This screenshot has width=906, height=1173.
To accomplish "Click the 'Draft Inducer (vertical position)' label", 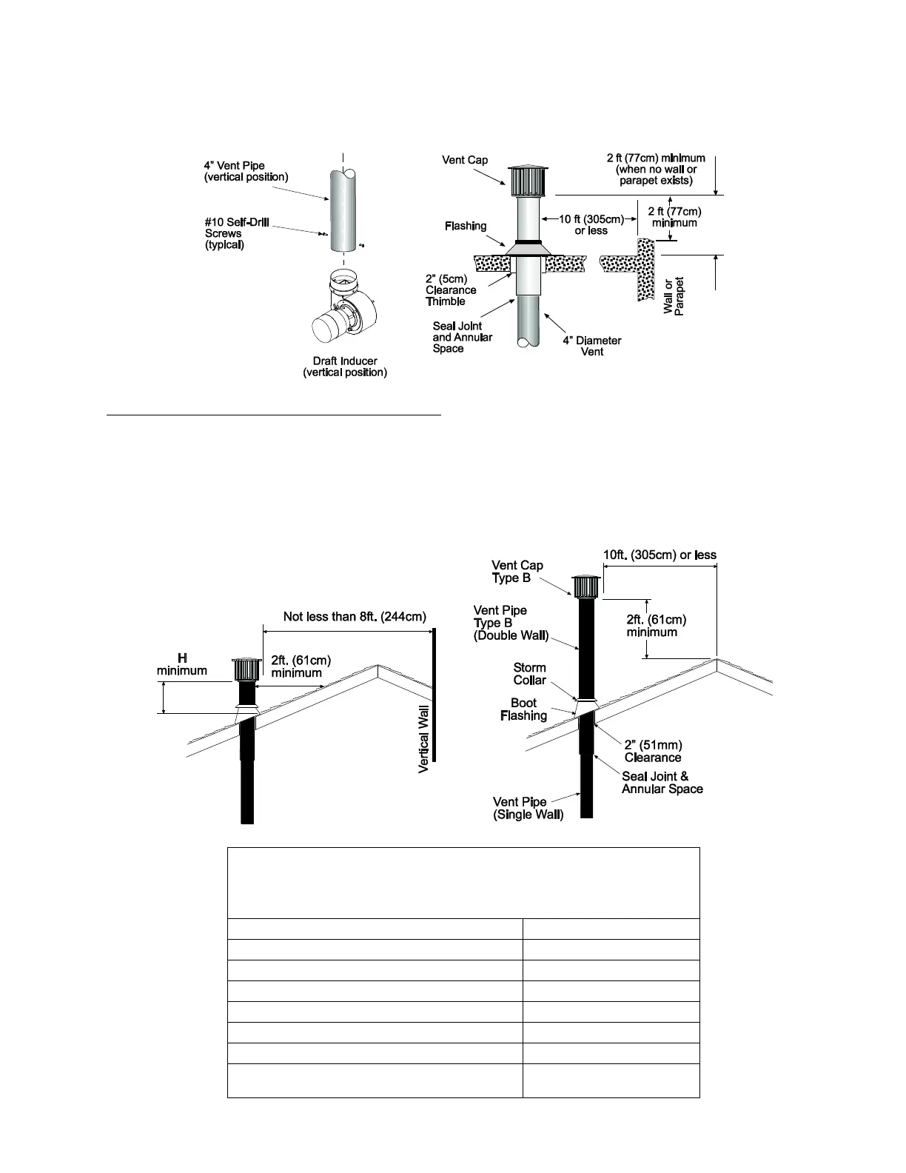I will [344, 367].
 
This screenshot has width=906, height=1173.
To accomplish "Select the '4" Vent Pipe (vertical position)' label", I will [246, 171].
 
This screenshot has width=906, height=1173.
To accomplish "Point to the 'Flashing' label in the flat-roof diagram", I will [466, 226].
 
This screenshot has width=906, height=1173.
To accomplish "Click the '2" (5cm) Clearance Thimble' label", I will [450, 290].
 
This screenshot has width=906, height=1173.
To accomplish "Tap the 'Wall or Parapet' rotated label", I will [674, 296].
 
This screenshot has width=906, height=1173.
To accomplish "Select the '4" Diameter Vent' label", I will [591, 346].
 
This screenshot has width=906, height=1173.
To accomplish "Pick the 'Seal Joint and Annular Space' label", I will [463, 337].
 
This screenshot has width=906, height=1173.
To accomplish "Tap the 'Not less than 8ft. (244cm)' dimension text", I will [355, 617].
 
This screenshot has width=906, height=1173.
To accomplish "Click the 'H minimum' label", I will [181, 664].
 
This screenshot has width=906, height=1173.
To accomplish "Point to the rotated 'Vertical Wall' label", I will [424, 739].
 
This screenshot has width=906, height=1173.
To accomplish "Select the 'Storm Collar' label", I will [529, 674].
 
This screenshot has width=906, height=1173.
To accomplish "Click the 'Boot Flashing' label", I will [523, 709].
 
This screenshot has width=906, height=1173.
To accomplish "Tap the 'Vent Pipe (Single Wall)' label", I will [528, 808].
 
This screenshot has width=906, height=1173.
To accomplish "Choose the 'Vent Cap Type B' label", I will [517, 572].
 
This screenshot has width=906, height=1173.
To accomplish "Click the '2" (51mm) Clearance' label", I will [652, 751].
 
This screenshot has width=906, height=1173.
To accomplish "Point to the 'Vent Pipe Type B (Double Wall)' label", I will [511, 623].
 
